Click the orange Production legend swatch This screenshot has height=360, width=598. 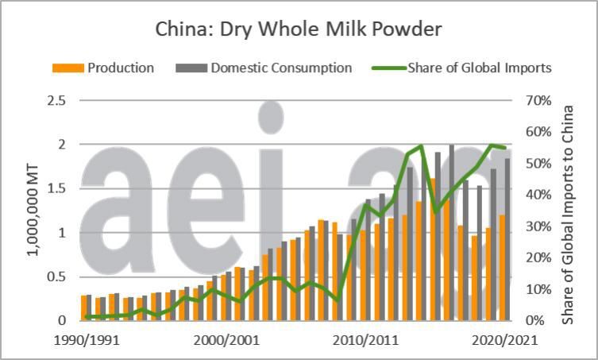pyautogui.click(x=68, y=68)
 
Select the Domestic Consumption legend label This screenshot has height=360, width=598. pyautogui.click(x=281, y=68)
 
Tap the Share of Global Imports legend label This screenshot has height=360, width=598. pyautogui.click(x=479, y=68)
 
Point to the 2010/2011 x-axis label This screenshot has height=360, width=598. pyautogui.click(x=366, y=339)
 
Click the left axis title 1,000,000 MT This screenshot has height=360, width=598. pyautogui.click(x=32, y=210)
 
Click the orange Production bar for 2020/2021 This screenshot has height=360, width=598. pyautogui.click(x=501, y=267)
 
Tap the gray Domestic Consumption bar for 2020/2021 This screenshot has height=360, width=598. pyautogui.click(x=507, y=239)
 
